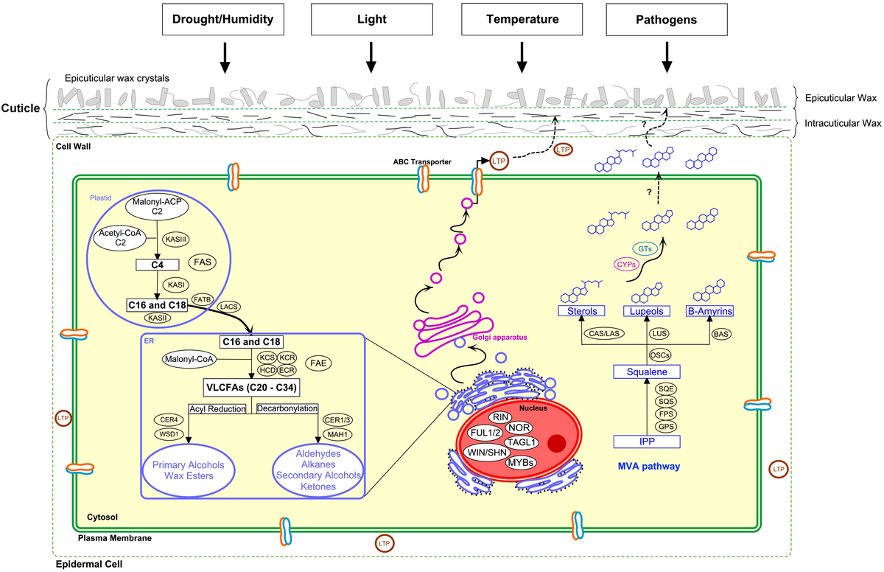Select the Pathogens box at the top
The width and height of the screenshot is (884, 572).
(666, 20)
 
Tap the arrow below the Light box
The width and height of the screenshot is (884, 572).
(371, 56)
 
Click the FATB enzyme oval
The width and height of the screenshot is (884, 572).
(202, 299)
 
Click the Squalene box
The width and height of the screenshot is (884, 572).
(645, 373)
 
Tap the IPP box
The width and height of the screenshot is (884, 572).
(645, 442)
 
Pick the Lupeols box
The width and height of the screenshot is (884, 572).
(645, 311)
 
